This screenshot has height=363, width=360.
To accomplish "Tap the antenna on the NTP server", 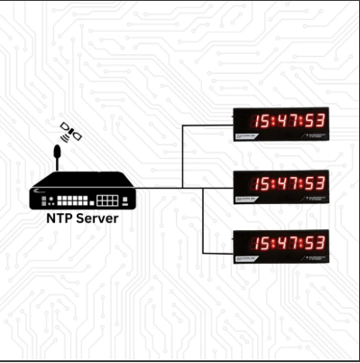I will [x=57, y=155].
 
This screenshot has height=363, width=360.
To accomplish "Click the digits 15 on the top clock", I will [x=263, y=120].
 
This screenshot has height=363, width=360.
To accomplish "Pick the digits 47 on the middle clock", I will [x=289, y=181].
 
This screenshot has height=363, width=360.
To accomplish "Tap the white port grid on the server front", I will [x=107, y=197].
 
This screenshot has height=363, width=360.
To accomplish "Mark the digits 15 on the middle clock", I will [x=263, y=181].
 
